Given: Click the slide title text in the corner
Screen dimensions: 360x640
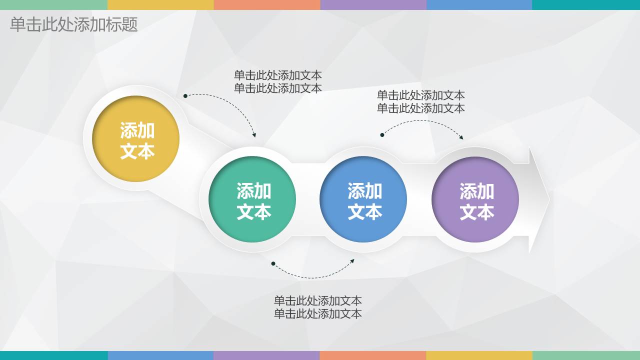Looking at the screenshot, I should [x=73, y=24].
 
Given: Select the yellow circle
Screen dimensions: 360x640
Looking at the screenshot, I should [x=136, y=139].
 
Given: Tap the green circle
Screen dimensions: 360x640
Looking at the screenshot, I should [x=252, y=199].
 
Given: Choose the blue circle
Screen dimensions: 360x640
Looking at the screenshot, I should [x=363, y=199].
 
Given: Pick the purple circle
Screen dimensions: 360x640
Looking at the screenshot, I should [x=475, y=200].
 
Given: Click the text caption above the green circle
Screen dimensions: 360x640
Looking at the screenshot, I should [x=277, y=81].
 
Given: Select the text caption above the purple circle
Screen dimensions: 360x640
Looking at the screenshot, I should [x=420, y=101].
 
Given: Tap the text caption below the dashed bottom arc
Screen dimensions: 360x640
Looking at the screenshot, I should [x=317, y=307].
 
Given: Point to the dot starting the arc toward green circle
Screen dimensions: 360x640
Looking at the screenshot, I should [x=185, y=96].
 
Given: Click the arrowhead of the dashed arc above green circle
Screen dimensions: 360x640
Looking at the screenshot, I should [x=254, y=135].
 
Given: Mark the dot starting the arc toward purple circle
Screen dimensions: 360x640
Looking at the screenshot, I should [x=382, y=135].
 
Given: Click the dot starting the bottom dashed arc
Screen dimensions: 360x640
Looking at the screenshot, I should [x=273, y=263].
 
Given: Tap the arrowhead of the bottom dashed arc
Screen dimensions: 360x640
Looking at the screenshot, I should [x=352, y=260].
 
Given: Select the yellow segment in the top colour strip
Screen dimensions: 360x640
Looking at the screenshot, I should [x=160, y=4].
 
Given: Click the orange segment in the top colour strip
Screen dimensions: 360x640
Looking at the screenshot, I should [x=266, y=4].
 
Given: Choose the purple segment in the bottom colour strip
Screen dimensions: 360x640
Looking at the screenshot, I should [x=266, y=355].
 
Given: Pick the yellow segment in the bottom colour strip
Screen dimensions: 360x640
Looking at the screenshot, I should [x=479, y=355].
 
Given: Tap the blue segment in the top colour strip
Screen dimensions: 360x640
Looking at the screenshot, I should [x=479, y=4].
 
